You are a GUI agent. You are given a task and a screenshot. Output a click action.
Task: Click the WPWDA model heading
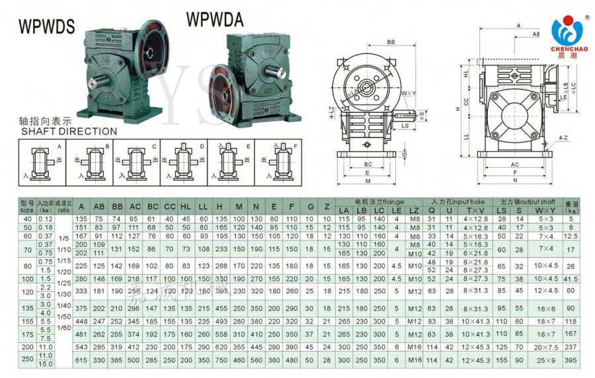215,20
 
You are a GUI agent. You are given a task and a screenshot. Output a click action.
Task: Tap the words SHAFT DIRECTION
69,131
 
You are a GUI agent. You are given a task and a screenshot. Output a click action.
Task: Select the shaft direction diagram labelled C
138,161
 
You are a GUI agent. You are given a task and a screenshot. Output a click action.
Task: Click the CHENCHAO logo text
568,48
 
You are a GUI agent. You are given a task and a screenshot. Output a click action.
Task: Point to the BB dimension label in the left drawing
391,42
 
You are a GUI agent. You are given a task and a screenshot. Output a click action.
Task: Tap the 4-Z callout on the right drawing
563,137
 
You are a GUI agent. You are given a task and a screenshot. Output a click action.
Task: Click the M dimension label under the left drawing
367,180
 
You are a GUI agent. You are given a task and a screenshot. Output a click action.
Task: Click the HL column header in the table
186,206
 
